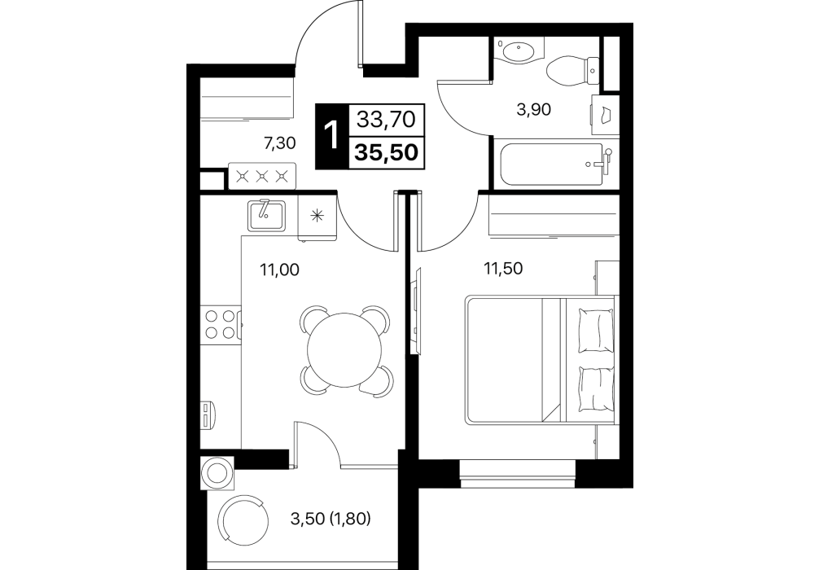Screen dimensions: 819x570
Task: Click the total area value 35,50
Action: point(387,152)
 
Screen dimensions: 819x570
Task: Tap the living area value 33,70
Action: point(386,120)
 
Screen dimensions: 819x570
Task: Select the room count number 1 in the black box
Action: point(331,136)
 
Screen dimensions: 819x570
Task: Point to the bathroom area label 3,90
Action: point(533,110)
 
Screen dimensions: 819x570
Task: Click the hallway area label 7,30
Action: point(280,142)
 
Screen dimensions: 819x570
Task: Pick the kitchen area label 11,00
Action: point(279,270)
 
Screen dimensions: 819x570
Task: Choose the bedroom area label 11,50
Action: point(503,269)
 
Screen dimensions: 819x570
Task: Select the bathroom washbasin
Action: point(519,52)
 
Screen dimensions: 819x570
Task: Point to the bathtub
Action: point(554,164)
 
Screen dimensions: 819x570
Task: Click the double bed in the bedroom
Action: point(541,359)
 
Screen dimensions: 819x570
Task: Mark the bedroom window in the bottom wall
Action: point(517,473)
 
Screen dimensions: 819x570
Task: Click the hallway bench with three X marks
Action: point(262,176)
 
